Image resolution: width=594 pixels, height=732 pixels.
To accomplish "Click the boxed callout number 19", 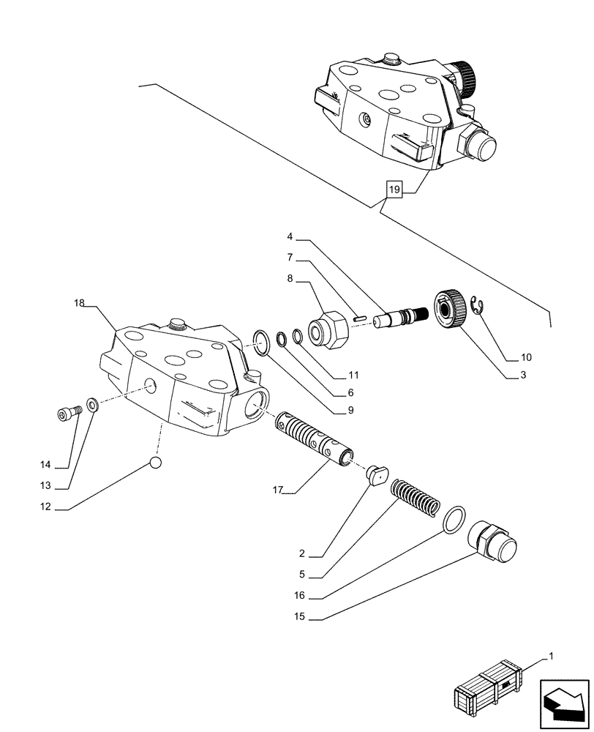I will (x=394, y=190).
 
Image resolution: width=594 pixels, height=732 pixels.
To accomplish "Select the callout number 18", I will (x=80, y=302).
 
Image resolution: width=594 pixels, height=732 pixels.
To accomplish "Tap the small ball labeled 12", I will (x=156, y=462).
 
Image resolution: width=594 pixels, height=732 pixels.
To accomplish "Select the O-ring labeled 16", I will (x=454, y=517).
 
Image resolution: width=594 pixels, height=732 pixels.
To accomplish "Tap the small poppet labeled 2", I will (x=377, y=474).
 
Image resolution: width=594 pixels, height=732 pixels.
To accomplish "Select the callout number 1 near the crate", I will (x=552, y=657).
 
